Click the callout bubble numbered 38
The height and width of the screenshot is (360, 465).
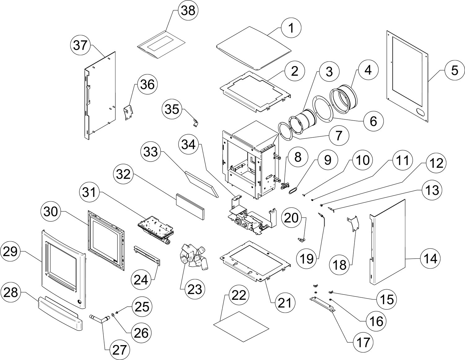click(x=188, y=11)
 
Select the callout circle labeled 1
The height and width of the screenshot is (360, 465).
click(x=291, y=29)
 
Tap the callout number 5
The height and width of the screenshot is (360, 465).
click(x=454, y=70)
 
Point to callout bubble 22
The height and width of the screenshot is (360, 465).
click(x=239, y=296)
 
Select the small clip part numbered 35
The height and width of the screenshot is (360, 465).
click(x=195, y=123)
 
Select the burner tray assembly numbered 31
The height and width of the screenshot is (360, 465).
click(x=155, y=230)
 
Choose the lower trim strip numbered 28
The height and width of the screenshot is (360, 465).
click(x=60, y=313)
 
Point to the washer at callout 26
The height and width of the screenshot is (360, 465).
click(x=113, y=315)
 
